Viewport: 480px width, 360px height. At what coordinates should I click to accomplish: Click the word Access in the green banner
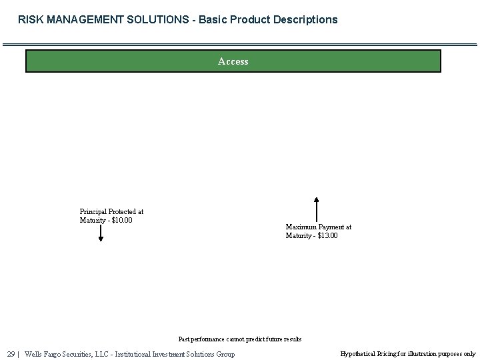point(233,61)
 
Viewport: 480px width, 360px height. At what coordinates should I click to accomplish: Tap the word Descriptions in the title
point(303,20)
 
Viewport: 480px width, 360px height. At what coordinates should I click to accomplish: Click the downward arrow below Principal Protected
point(101,233)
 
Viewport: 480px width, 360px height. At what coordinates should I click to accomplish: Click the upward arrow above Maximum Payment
point(317,209)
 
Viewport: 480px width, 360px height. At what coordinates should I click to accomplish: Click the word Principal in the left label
point(93,212)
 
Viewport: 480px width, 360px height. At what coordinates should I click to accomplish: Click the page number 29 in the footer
point(11,354)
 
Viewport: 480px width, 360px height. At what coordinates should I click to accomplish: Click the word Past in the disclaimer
point(185,339)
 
